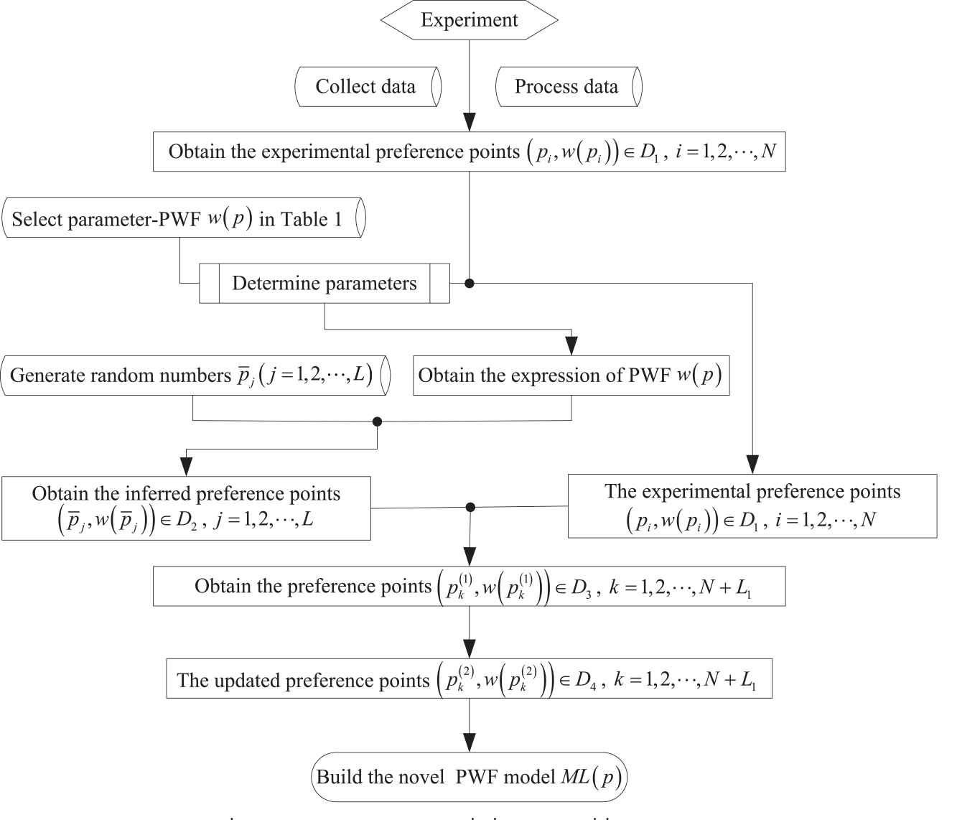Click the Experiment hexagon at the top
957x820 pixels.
pos(469,20)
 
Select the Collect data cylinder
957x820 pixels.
pos(367,87)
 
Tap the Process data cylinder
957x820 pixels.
pos(567,87)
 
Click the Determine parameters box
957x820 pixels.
pos(325,283)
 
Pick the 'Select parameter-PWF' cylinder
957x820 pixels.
pos(184,219)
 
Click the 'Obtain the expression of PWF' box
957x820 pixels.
pos(571,375)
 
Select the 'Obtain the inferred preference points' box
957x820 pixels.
pos(186,507)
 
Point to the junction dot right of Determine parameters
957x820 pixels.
pos(470,283)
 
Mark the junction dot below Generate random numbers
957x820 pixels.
pos(378,421)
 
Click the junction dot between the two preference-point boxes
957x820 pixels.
pos(470,507)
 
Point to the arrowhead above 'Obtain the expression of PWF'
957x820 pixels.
pos(571,346)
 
